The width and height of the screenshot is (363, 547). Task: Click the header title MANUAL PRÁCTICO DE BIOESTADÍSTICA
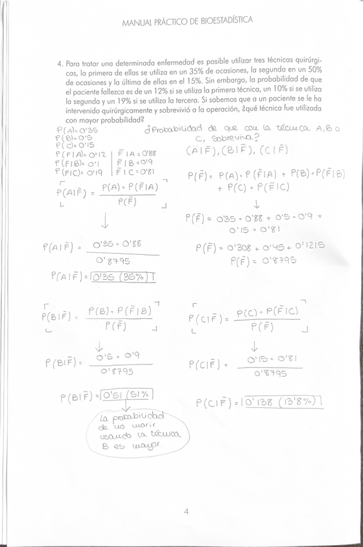tap(187, 21)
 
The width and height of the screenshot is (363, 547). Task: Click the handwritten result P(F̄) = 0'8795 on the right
tap(262, 261)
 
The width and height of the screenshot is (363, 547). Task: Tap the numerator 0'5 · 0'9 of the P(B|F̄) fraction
tap(116, 357)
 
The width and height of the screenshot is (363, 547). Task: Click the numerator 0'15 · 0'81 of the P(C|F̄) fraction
tap(267, 359)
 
